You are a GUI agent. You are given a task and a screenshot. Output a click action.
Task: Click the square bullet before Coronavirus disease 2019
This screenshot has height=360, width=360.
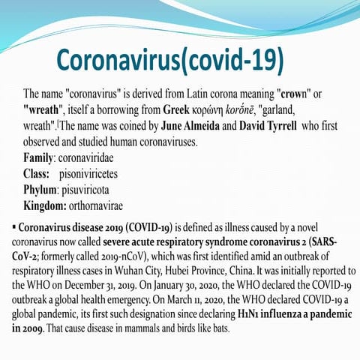[14, 226]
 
